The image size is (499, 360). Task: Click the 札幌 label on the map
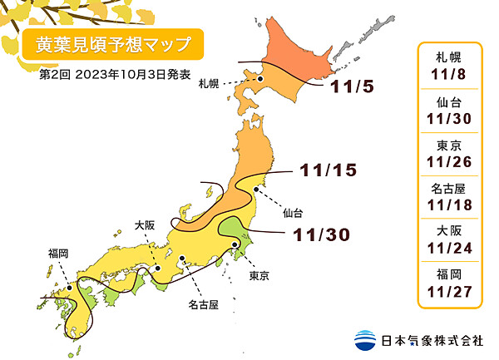[x=209, y=84]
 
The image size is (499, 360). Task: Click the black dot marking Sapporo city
[x=260, y=79]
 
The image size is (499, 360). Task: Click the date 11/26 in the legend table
[x=450, y=159]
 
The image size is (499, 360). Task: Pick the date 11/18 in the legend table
[x=450, y=202]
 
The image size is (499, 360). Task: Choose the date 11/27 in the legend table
[x=450, y=288]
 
